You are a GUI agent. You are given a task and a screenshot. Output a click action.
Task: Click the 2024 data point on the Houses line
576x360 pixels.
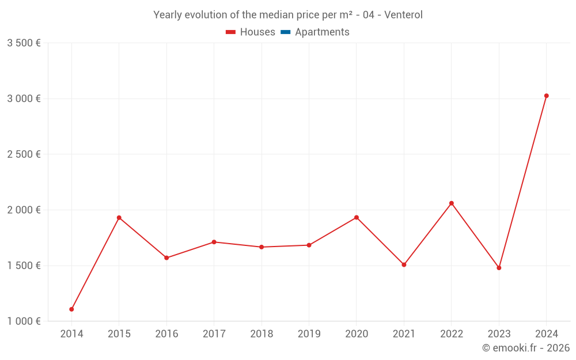[546, 96]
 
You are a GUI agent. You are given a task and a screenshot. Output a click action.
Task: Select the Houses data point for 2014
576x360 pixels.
[71, 309]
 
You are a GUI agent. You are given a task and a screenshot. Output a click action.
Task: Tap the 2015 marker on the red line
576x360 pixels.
[119, 218]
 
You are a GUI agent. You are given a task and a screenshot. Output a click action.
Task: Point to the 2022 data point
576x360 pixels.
[452, 203]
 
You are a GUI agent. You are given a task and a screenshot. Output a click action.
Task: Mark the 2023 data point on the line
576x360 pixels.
[499, 268]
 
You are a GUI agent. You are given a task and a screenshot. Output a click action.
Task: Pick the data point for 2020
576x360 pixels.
[357, 217]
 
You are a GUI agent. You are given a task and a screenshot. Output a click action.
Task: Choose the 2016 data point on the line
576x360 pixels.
[166, 257]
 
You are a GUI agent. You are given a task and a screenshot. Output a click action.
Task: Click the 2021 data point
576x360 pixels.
[404, 265]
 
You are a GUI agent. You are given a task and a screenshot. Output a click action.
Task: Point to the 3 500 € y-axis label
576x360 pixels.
[24, 43]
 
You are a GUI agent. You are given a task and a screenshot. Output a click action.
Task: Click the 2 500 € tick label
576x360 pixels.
[24, 154]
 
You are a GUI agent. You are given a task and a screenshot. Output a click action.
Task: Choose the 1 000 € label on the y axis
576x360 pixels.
[24, 321]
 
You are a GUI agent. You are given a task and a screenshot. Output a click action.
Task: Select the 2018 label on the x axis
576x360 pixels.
[262, 334]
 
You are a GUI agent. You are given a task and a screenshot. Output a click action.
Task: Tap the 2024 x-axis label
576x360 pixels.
[546, 334]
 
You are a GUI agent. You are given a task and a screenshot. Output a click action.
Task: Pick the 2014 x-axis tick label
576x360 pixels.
[71, 334]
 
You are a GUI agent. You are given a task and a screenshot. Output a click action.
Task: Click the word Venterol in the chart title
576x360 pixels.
[403, 15]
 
